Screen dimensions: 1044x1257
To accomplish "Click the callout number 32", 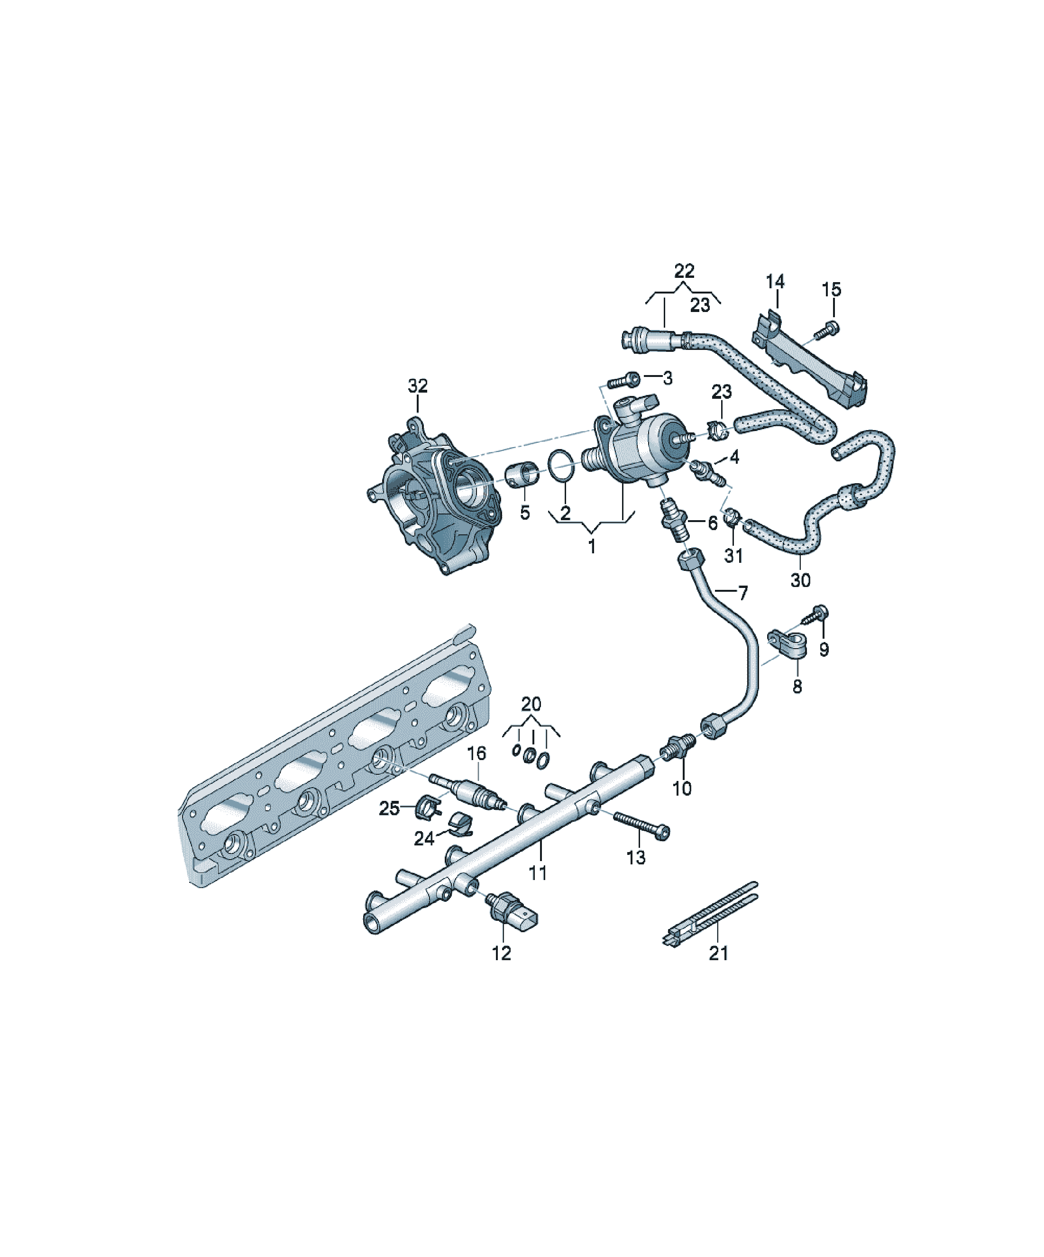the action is point(418,386).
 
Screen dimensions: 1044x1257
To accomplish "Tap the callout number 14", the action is point(775,281).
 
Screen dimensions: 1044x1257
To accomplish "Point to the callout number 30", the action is point(800,580).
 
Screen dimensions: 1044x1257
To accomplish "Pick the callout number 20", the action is point(531,704).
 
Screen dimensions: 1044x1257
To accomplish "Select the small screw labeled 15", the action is point(827,329).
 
